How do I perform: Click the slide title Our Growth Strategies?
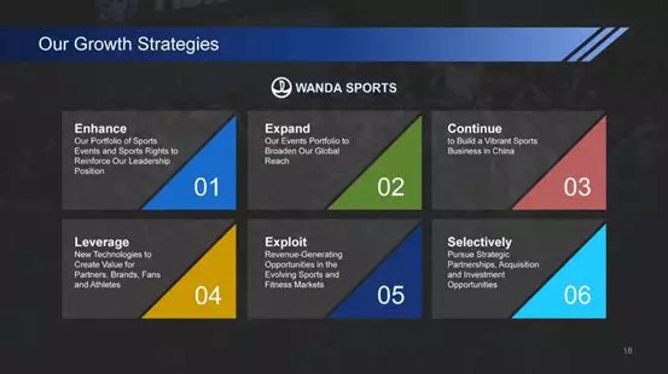pos(128,44)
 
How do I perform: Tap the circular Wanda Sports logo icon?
pos(281,87)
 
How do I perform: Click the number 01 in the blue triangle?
pos(207,187)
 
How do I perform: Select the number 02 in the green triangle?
pos(391,187)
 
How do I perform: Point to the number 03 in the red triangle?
pos(577,187)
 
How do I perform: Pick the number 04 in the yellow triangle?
pos(208,296)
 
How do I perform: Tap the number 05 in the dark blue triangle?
pos(391,295)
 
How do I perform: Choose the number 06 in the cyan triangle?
pos(577,295)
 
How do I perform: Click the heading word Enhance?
pos(101,129)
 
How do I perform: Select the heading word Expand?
pos(288,129)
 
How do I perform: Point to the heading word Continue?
pos(474,129)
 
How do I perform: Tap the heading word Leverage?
pos(102,243)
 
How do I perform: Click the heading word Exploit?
pos(285,242)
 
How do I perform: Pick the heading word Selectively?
pos(480,242)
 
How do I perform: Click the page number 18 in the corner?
pos(627,351)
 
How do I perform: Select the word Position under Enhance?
pos(89,171)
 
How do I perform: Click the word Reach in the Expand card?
pos(277,161)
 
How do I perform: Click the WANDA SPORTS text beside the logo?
pos(346,88)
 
